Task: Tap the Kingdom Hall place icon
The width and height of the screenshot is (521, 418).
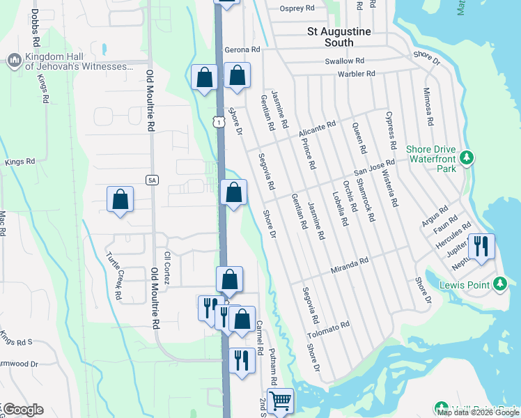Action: click(14, 61)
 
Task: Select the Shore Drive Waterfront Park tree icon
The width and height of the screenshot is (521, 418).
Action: click(468, 157)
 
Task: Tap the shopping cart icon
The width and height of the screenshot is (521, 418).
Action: click(280, 401)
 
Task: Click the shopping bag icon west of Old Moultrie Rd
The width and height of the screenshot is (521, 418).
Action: click(120, 199)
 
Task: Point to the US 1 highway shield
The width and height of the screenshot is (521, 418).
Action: click(219, 122)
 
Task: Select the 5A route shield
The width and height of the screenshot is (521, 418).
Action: click(153, 180)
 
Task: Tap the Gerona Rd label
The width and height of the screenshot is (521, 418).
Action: click(242, 50)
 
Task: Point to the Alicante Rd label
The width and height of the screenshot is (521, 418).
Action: click(317, 128)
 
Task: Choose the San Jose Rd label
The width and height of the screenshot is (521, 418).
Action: click(374, 167)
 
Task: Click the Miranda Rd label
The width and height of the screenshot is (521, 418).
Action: click(349, 265)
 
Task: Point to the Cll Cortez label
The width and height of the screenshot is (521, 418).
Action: click(166, 268)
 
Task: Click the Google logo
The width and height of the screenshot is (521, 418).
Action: click(23, 410)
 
